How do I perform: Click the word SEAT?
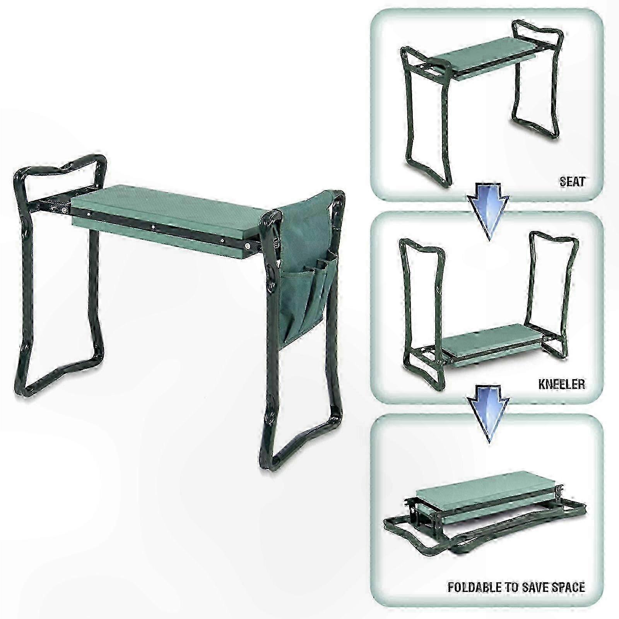[x=572, y=181]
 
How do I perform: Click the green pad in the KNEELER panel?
[x=498, y=344]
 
